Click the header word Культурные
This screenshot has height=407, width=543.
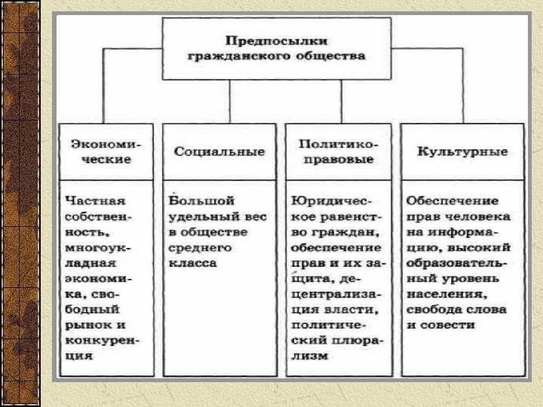click(462, 151)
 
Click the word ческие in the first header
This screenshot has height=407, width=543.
click(100, 160)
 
